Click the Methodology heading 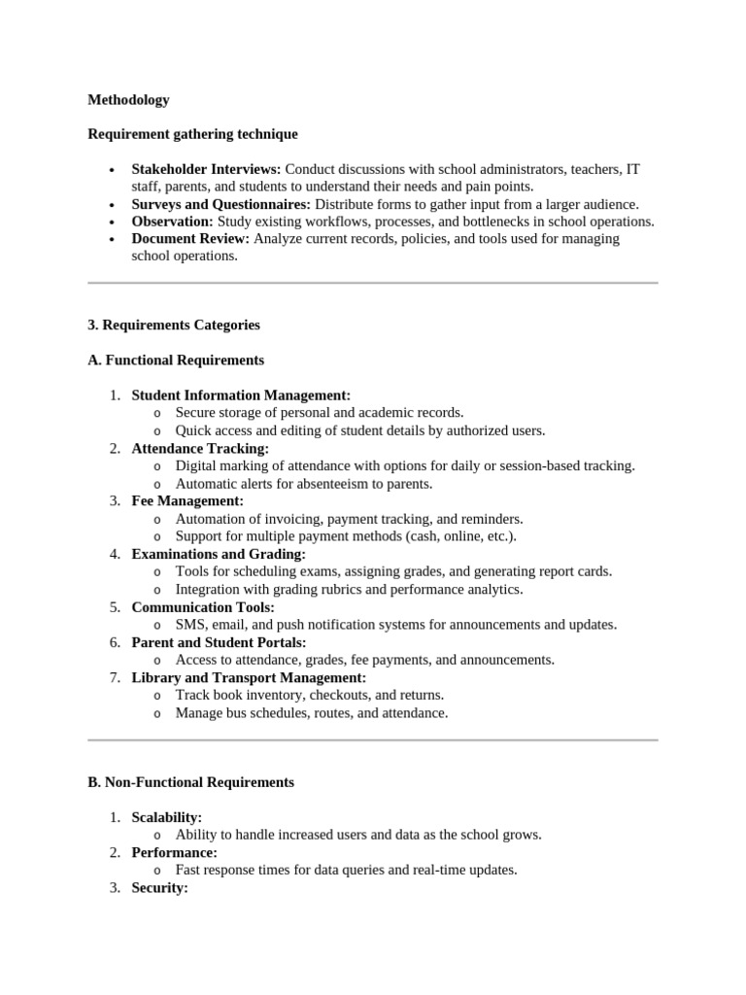click(x=128, y=99)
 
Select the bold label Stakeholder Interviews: click(x=206, y=169)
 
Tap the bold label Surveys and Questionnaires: click(x=220, y=204)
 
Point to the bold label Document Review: click(x=190, y=239)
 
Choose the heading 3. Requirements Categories click(x=173, y=325)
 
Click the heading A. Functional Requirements click(x=175, y=360)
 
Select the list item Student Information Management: click(x=241, y=395)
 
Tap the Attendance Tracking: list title click(x=200, y=448)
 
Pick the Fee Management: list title click(x=187, y=501)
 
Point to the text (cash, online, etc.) click(x=467, y=536)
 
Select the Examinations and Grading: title click(x=219, y=554)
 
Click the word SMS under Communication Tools click(x=190, y=625)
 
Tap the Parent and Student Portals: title click(x=219, y=642)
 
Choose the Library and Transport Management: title click(x=249, y=677)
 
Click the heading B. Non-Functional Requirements click(x=190, y=782)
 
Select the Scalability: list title click(x=166, y=818)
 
